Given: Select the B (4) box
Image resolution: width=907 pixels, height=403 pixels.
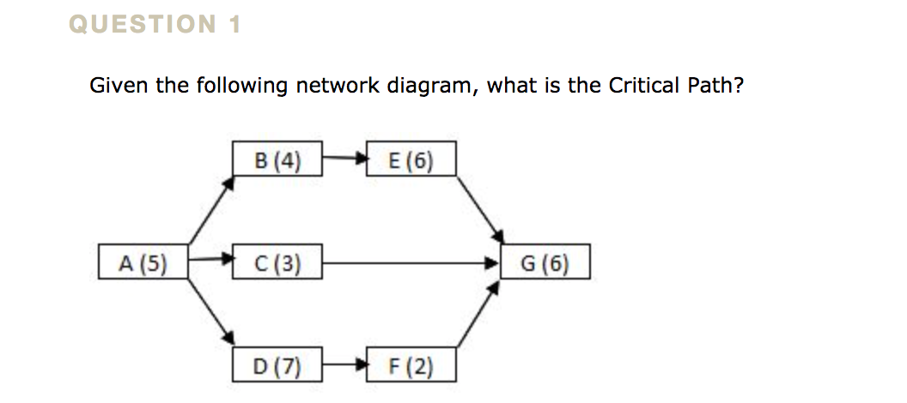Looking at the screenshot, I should coord(277,159).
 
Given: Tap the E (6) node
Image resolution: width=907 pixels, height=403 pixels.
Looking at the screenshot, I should coord(411,159).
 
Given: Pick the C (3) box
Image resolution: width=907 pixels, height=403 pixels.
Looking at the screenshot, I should coord(277,262).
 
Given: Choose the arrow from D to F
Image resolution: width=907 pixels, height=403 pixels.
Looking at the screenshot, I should coord(344,364).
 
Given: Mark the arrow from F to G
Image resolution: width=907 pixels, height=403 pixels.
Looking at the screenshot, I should coord(478,316).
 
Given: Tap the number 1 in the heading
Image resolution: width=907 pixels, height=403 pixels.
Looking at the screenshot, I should coord(234,26).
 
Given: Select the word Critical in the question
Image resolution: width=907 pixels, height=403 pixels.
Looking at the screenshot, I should coord(643,86).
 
